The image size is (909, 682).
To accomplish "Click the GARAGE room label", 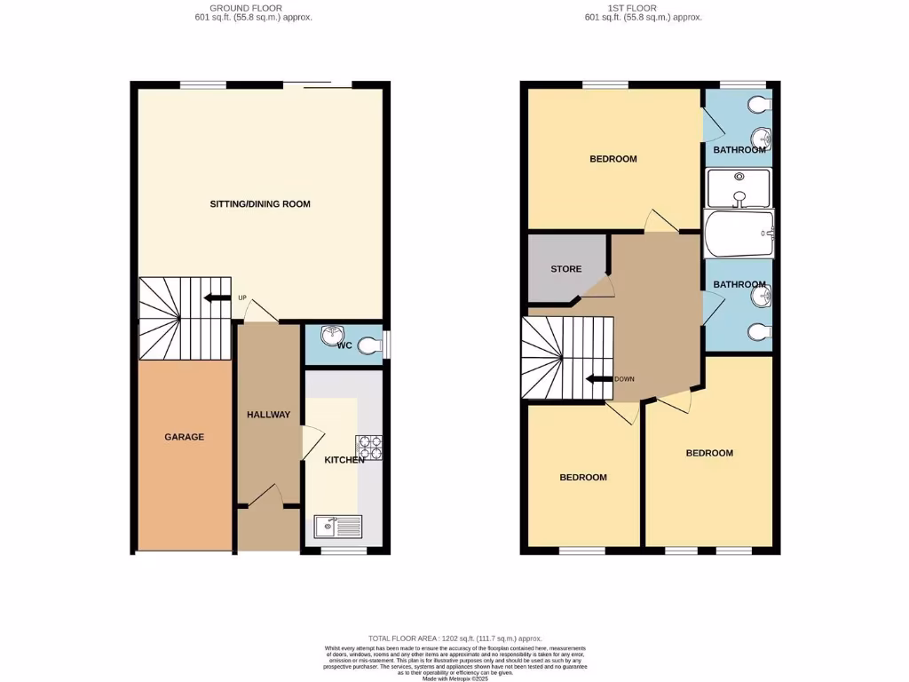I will click(x=184, y=437).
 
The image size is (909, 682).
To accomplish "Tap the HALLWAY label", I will click(x=268, y=415).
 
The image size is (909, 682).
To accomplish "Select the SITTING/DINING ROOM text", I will click(x=260, y=204).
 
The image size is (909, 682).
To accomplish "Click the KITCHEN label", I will click(x=344, y=460).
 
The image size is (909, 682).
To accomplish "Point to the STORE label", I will click(x=565, y=269).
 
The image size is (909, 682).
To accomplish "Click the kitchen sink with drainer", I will click(x=338, y=527).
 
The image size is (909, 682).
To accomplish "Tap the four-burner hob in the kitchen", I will click(x=368, y=448).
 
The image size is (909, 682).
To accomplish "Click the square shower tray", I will click(x=739, y=187).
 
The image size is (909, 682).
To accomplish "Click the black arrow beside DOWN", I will click(x=599, y=379).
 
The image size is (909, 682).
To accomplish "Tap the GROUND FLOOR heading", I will click(x=252, y=8).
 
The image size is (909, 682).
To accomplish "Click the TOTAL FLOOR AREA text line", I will click(x=454, y=638).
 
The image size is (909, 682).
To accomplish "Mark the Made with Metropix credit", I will click(x=454, y=678).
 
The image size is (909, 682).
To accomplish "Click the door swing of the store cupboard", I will click(x=603, y=286).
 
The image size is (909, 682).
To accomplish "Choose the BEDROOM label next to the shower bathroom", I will click(x=613, y=159).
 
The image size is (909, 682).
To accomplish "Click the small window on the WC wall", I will click(x=386, y=343).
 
